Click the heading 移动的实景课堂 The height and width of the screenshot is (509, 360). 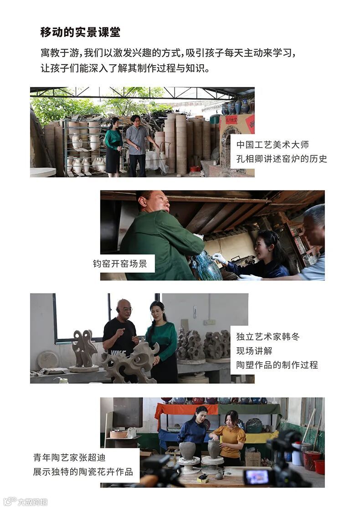80,32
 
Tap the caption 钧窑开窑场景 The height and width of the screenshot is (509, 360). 120,263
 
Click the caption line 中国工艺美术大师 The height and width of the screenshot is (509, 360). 273,144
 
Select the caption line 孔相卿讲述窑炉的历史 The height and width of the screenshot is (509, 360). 282,159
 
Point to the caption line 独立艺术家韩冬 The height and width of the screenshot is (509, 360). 268,337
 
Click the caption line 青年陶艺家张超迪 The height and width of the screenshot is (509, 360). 69,458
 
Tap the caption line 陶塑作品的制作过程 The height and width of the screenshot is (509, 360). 277,365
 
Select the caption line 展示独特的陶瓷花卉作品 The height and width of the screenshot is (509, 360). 83,472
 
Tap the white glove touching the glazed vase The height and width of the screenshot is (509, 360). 219,258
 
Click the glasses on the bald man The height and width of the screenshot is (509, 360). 125,308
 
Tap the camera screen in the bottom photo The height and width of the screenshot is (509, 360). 257,477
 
